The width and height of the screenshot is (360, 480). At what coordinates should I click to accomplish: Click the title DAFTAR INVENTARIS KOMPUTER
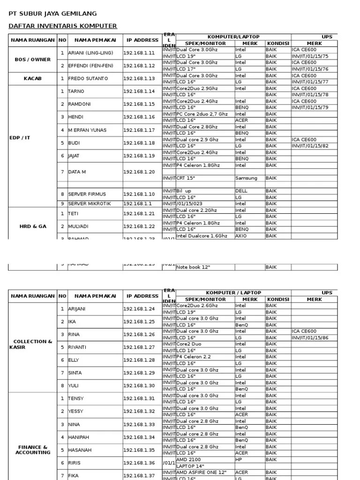click(63, 26)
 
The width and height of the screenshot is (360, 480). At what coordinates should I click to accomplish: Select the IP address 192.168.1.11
click(139, 53)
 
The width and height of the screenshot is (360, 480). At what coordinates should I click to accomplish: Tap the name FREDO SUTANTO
click(88, 79)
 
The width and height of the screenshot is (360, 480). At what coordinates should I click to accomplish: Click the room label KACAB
click(33, 79)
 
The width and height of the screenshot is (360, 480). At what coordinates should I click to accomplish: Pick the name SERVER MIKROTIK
click(87, 204)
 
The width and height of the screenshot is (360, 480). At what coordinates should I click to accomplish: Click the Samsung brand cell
click(246, 178)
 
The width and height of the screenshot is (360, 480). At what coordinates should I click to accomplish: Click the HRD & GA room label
click(33, 226)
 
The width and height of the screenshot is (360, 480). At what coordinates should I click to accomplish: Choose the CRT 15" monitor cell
click(186, 178)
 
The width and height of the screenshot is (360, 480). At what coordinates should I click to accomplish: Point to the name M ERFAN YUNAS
click(87, 130)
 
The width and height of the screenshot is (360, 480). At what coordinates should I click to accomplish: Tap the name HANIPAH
click(79, 437)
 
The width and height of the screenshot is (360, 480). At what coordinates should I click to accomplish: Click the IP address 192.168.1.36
click(139, 463)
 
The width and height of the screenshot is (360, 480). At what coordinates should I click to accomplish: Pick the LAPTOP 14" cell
click(190, 466)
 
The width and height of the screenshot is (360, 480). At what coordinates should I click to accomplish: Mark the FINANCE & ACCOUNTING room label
click(33, 450)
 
